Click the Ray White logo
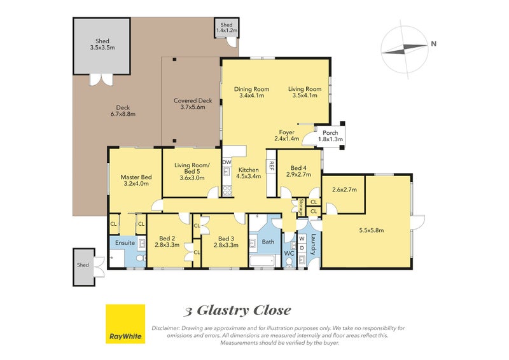pos(125,324)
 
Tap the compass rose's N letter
pos(433,44)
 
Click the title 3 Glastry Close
pos(237,310)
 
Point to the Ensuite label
pos(124,242)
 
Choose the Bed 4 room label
pos(298,168)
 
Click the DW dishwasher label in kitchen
pos(227,163)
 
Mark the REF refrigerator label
pos(271,165)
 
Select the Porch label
pos(330,132)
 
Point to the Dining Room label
pos(251,89)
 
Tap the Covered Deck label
pos(192,100)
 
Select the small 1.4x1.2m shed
pos(226,27)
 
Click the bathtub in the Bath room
pos(261,260)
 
